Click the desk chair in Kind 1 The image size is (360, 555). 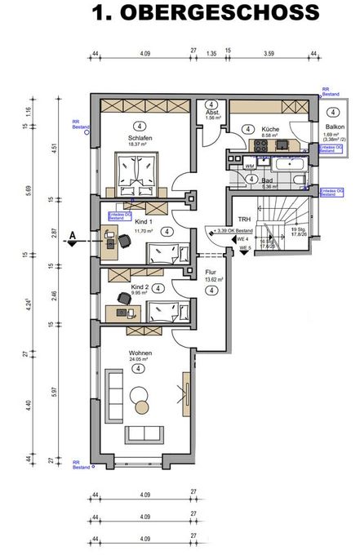pos(124,242)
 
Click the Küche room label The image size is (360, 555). pos(270,130)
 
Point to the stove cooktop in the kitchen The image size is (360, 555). pos(262,148)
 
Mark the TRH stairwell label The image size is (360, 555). pos(243,220)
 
